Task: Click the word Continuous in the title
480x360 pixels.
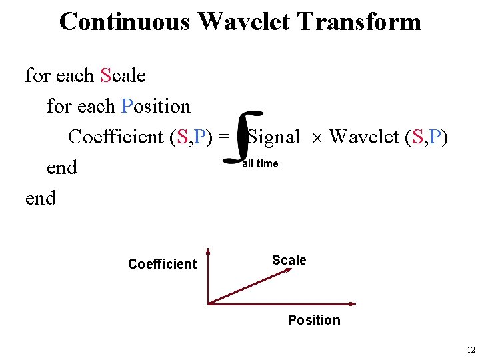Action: [125, 21]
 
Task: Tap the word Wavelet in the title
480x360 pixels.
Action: [244, 21]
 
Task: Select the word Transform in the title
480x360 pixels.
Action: [359, 21]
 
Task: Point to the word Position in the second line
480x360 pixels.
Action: [156, 106]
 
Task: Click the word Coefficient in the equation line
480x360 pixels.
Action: [117, 137]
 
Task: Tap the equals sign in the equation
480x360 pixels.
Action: [224, 137]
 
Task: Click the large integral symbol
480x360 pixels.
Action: [241, 138]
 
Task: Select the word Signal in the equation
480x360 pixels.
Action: [274, 137]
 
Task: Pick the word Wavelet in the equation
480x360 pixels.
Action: [366, 137]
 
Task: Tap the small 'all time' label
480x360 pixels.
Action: [260, 163]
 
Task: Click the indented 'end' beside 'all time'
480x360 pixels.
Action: [62, 167]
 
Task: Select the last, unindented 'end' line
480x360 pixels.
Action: [41, 198]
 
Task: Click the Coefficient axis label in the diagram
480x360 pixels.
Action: [162, 264]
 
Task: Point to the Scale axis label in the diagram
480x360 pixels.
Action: [289, 260]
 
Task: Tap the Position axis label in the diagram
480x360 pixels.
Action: [313, 320]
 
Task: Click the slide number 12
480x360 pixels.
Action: [471, 350]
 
